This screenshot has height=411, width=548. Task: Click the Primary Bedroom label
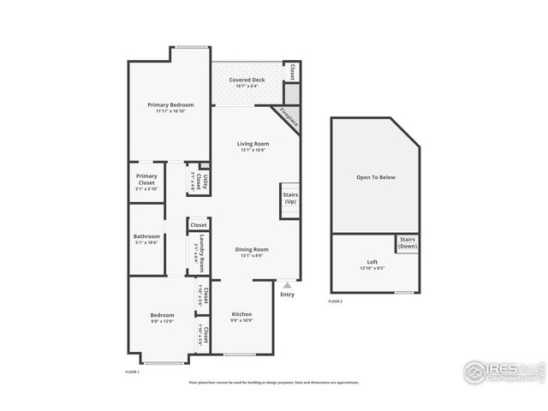coord(169,104)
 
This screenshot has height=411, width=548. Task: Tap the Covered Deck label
coord(246,80)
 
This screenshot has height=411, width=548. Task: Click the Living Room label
coord(253,143)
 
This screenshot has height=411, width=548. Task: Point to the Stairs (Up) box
coord(289,198)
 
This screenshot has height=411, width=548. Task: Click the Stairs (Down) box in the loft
coord(407,242)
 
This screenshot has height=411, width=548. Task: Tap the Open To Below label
coord(376,177)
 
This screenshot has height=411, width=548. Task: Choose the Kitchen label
coord(242,314)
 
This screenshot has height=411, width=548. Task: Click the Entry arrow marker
coord(287,285)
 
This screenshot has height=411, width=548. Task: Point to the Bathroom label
coord(146,237)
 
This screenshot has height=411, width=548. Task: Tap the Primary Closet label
coord(146,179)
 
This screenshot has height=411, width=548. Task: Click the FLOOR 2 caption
coord(336,301)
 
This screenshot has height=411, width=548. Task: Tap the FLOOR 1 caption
coord(132,372)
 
